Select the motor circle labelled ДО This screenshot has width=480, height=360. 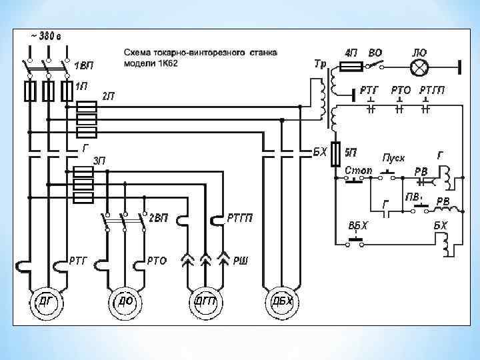(x=125, y=302)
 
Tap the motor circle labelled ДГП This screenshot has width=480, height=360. (x=205, y=302)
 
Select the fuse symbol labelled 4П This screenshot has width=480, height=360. (x=351, y=67)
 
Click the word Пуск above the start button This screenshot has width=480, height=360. (x=393, y=159)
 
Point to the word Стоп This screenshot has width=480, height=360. (x=358, y=171)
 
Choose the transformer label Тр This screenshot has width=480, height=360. (x=319, y=64)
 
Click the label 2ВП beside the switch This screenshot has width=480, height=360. (x=158, y=218)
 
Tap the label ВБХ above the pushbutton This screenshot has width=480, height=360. (x=358, y=225)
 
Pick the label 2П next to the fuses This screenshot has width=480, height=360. (x=108, y=96)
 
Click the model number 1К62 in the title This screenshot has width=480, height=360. (x=164, y=63)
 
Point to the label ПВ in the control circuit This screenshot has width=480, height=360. (x=413, y=197)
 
